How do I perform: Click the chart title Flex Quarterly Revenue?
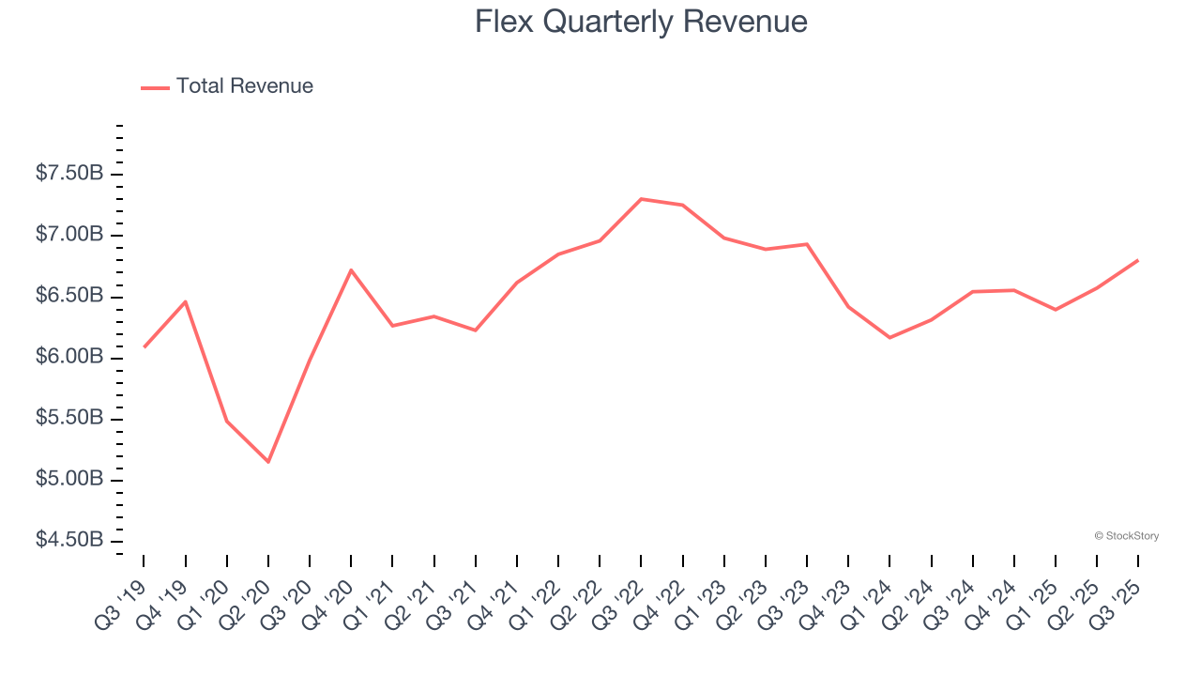[x=641, y=22]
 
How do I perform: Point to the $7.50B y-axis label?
[x=69, y=174]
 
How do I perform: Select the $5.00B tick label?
[x=69, y=480]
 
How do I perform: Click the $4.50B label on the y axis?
[x=69, y=541]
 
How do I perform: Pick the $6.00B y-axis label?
[x=69, y=358]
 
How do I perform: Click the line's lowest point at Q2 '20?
[x=268, y=462]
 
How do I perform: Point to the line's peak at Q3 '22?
[x=641, y=199]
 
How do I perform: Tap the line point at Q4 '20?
[x=351, y=270]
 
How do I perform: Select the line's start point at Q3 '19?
[x=144, y=346]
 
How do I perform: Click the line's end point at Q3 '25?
[x=1138, y=260]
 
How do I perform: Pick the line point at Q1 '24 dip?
[x=889, y=337]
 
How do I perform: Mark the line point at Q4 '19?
[x=185, y=301]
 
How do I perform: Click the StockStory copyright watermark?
[x=1126, y=536]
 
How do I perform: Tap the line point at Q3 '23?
[x=807, y=244]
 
